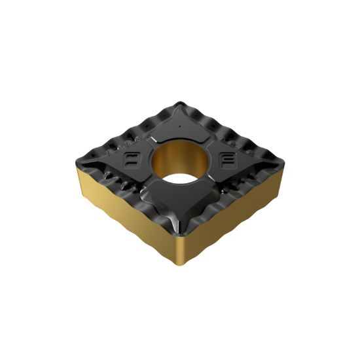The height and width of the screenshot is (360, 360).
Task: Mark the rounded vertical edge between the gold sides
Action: (179, 252)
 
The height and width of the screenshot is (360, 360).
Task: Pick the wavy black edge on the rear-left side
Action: (124, 128)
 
